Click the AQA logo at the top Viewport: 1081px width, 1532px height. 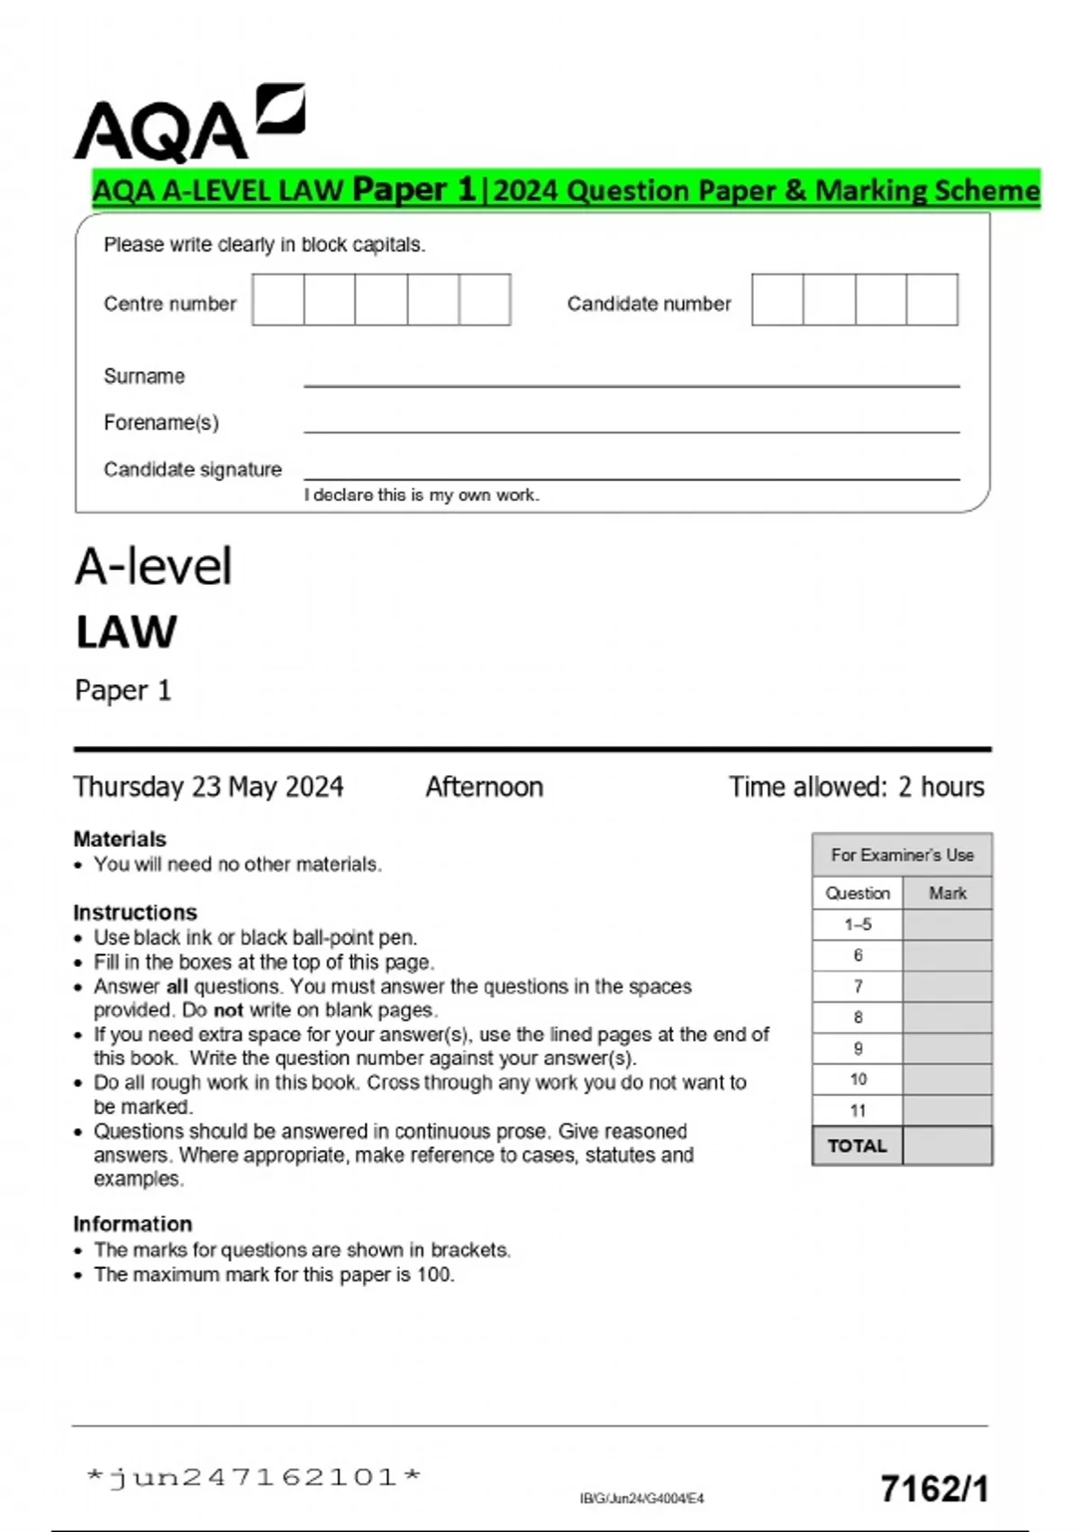point(188,124)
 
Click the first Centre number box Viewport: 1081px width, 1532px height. point(278,300)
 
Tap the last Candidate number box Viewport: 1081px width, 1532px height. point(931,300)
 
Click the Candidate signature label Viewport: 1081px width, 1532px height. point(192,470)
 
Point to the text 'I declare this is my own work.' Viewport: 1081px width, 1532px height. point(422,495)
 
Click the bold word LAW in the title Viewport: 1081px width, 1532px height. point(126,632)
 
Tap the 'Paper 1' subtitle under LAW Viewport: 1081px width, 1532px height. point(123,690)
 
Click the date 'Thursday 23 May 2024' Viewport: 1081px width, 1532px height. point(208,787)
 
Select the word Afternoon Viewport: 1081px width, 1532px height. point(484,787)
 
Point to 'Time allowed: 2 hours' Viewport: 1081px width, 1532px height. point(856,787)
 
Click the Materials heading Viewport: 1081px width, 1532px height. point(120,839)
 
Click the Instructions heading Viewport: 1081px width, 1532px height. point(135,912)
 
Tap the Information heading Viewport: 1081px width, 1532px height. point(132,1224)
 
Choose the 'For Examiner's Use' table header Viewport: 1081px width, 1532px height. point(902,854)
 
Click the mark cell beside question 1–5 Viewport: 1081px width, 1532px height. point(947,925)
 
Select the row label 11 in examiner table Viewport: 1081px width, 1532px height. point(858,1110)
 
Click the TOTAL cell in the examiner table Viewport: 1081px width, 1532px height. point(858,1145)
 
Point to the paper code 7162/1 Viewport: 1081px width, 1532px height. point(934,1489)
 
